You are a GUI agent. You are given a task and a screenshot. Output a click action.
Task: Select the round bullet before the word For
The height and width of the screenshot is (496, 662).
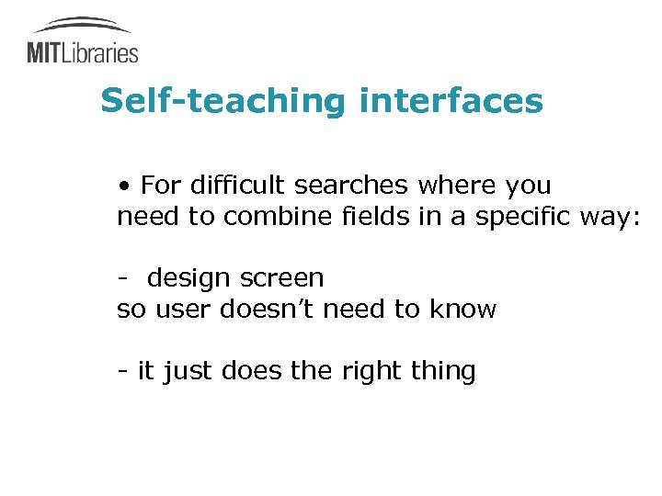[x=124, y=186]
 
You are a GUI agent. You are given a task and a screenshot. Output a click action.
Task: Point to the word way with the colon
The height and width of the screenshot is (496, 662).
[x=610, y=219]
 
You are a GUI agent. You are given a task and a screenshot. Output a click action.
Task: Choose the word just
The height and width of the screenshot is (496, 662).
[x=189, y=372]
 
